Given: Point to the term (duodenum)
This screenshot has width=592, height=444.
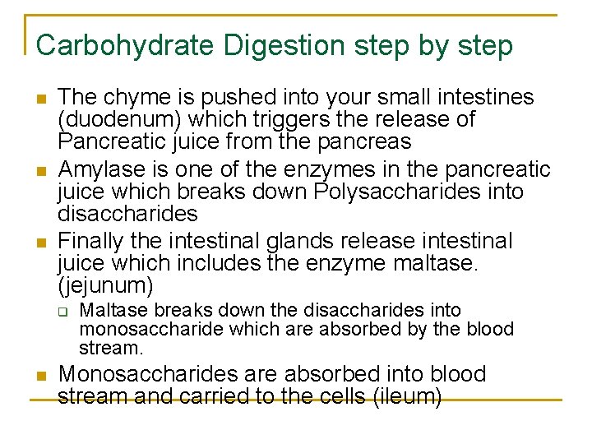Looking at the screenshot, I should (x=113, y=119).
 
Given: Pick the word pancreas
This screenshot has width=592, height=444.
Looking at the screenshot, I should (x=363, y=141).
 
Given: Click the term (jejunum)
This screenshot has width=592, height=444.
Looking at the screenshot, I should (x=105, y=286).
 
